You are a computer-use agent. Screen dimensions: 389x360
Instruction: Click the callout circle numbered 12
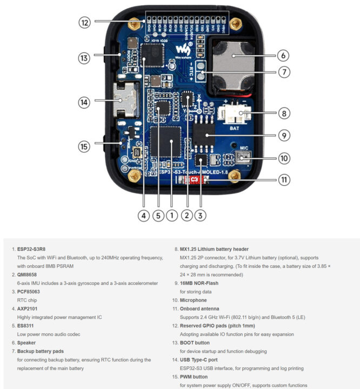click(84, 22)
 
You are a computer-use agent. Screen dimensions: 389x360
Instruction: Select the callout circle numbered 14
click(84, 101)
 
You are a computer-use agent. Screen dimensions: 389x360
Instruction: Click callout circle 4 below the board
click(143, 216)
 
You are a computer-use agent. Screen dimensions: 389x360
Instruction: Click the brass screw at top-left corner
click(131, 24)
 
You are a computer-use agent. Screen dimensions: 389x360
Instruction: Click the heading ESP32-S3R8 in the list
click(35, 249)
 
